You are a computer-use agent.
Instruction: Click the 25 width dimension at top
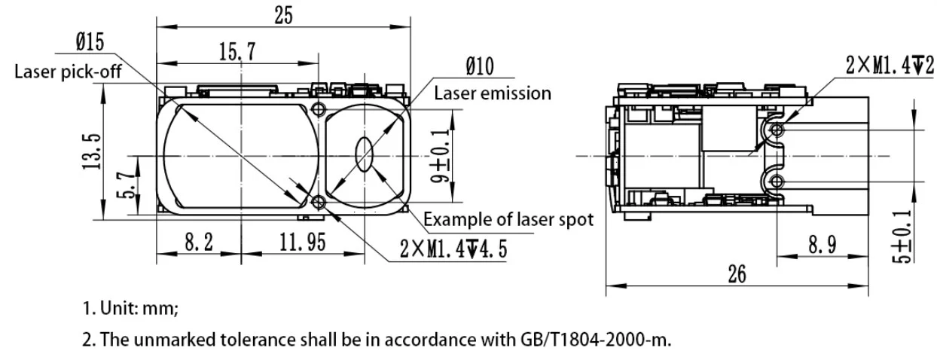[x=283, y=14]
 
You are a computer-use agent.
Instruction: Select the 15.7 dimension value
[x=237, y=52]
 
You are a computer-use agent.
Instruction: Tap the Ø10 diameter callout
[x=479, y=69]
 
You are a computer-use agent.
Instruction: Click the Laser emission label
[x=493, y=93]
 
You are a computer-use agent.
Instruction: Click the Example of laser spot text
[x=508, y=220]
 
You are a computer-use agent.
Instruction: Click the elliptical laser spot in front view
[x=365, y=156]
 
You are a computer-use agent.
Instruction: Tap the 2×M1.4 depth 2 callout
[x=890, y=66]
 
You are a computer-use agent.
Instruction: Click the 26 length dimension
[x=737, y=273]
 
